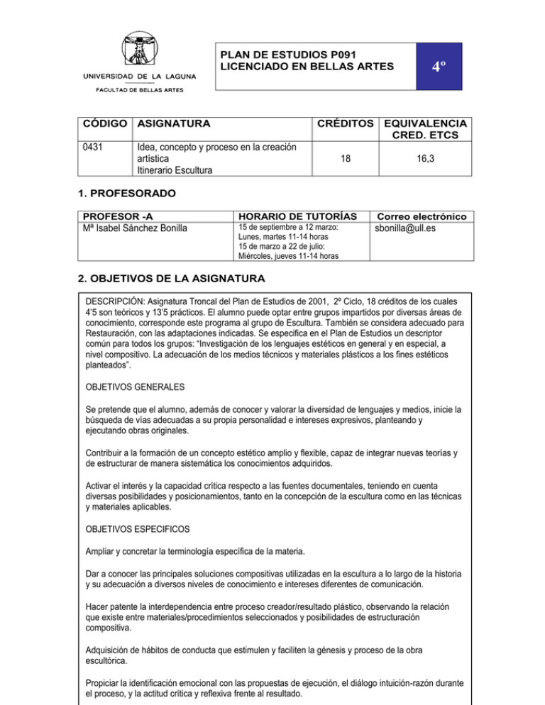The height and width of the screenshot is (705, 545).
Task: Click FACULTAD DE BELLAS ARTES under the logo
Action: point(139,90)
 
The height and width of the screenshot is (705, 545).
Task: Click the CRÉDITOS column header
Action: point(343,123)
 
